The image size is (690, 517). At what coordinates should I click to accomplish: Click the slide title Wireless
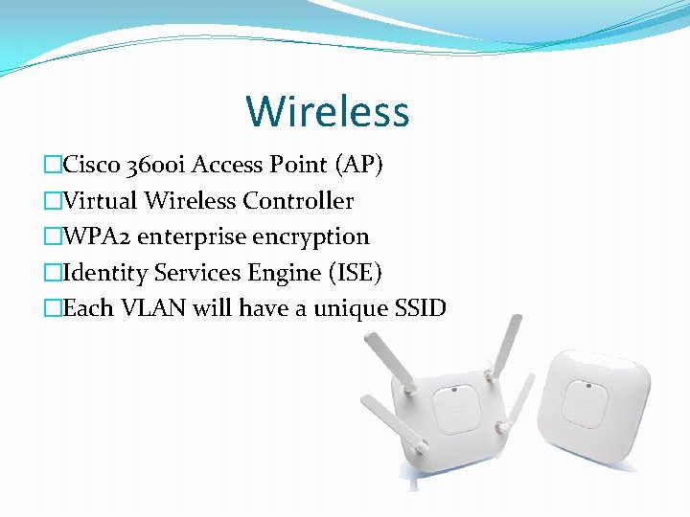pos(328,111)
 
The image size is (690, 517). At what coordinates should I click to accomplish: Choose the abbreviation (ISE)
pos(356,274)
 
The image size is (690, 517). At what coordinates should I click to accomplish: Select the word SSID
pos(419,309)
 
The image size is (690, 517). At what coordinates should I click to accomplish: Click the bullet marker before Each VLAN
pos(52,309)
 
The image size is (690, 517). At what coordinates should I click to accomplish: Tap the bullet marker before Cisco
pos(52,166)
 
